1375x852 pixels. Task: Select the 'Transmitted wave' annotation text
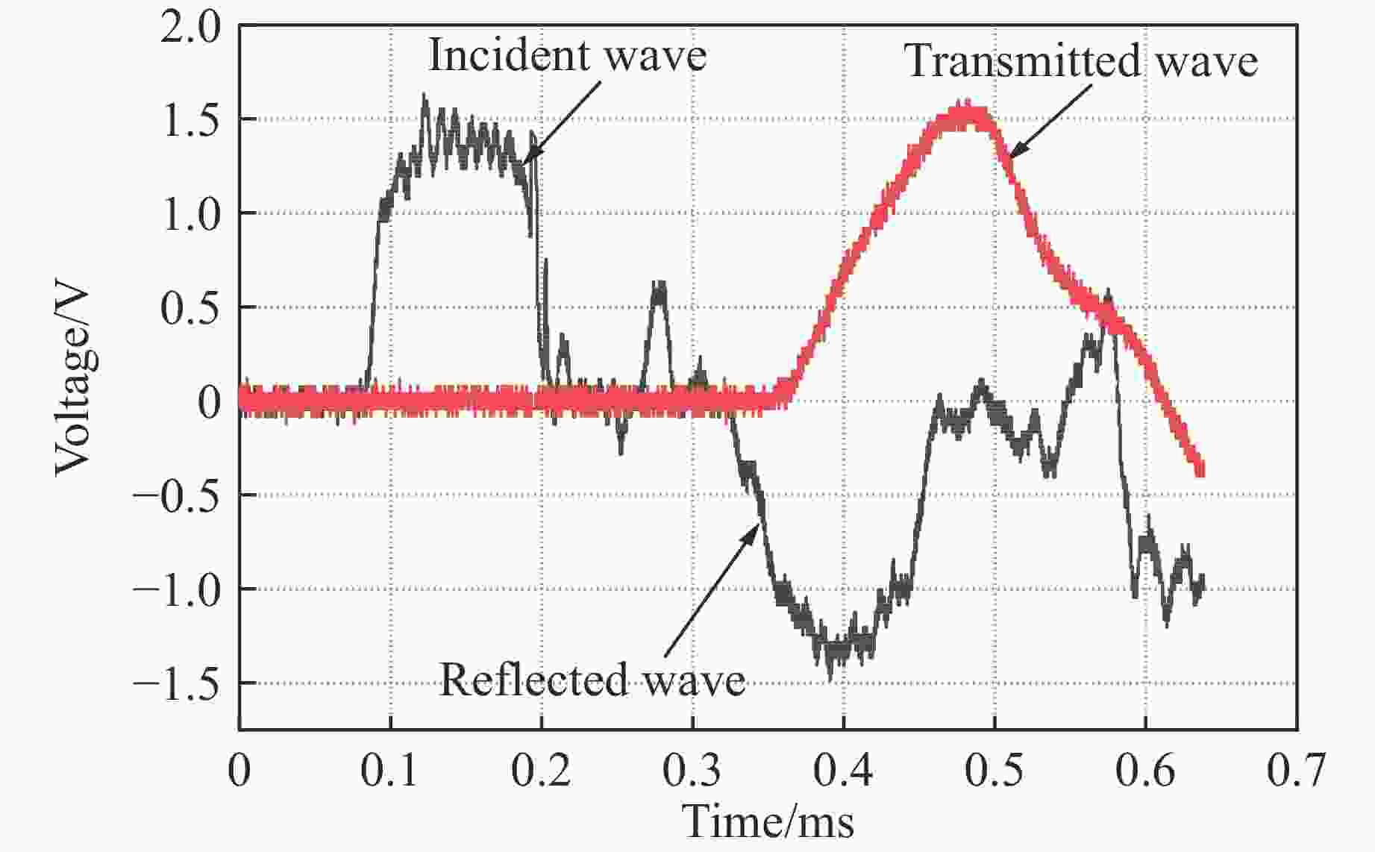[1081, 61]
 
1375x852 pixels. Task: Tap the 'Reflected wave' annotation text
[592, 680]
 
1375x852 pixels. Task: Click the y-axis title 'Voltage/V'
[74, 381]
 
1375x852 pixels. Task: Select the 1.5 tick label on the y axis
[191, 119]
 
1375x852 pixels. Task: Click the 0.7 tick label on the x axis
[1297, 771]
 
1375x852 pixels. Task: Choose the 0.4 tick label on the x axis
[843, 771]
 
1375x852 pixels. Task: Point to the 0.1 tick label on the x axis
[389, 771]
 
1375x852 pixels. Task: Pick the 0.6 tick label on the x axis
[1145, 771]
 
